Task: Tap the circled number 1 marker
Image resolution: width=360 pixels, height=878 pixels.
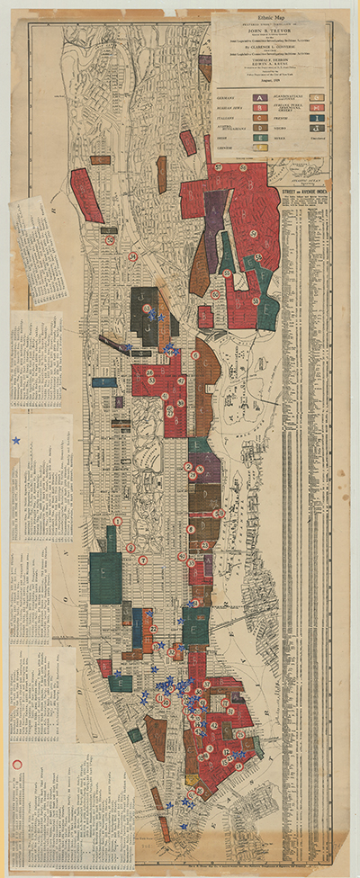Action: click(x=117, y=521)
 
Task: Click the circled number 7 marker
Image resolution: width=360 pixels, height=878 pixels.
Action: click(x=142, y=560)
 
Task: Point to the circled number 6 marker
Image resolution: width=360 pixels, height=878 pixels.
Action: click(x=195, y=355)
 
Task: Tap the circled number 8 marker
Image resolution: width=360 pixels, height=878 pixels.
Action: click(x=190, y=529)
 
